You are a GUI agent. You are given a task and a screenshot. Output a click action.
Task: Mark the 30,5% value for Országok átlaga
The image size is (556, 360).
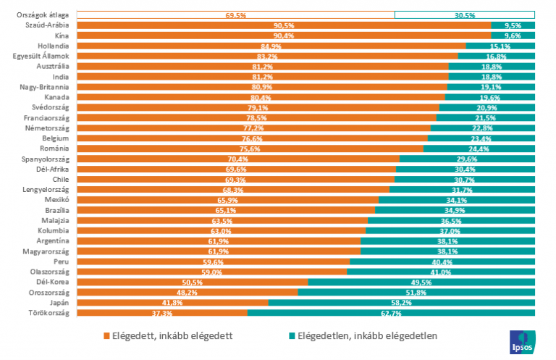[x=465, y=15]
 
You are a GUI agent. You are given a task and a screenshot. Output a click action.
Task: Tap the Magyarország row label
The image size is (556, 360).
[x=44, y=251]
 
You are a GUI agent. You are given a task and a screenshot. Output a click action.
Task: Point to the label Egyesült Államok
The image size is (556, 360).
[x=41, y=56]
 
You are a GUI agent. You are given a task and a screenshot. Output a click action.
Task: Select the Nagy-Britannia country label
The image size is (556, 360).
[x=44, y=87]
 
